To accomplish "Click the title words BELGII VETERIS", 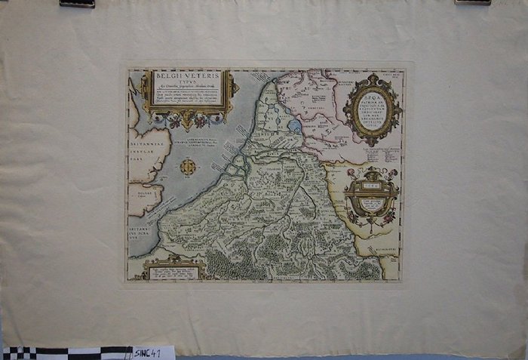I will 188,76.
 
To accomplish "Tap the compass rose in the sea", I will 188,167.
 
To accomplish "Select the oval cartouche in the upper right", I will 372,109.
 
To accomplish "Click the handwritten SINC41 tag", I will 153,352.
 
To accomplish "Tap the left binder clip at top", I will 77,3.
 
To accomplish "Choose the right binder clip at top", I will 473,2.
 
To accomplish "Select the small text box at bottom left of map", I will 173,270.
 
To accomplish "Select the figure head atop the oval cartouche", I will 372,78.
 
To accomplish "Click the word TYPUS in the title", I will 188,84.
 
